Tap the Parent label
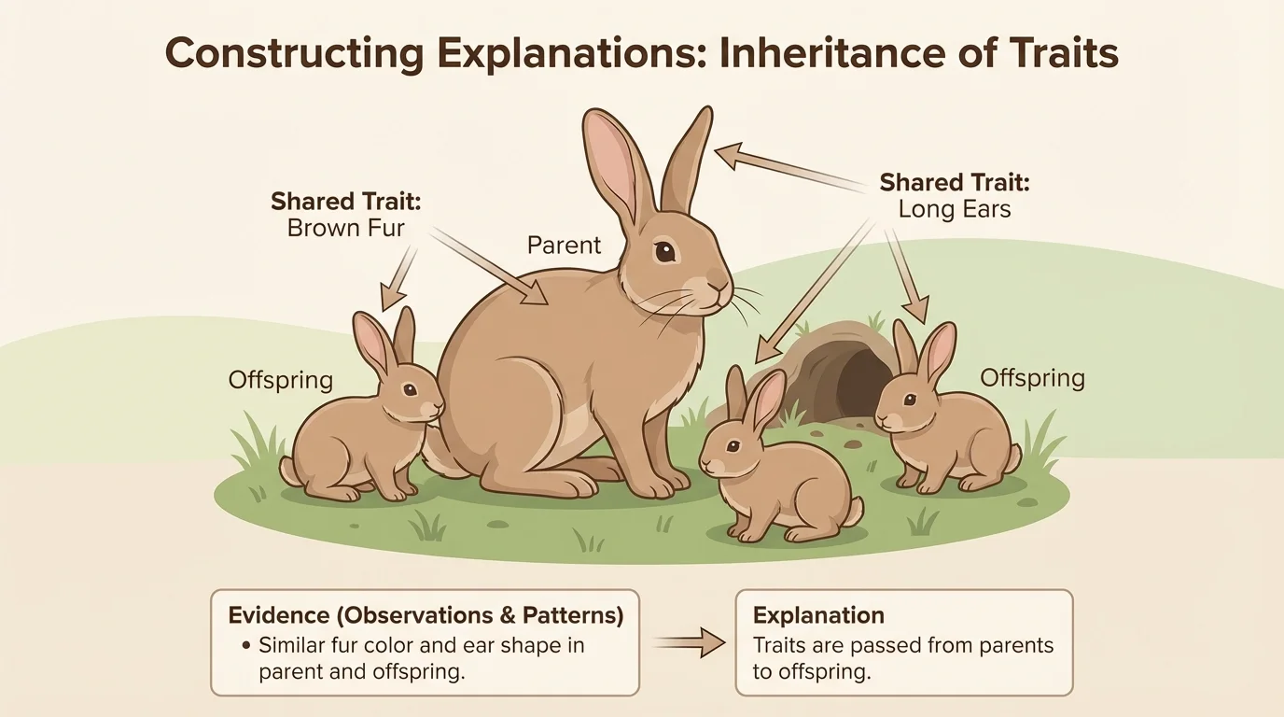pyautogui.click(x=565, y=246)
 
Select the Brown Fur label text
pyautogui.click(x=346, y=228)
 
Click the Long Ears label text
pyautogui.click(x=955, y=209)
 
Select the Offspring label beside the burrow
pyautogui.click(x=1032, y=378)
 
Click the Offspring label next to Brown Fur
pyautogui.click(x=281, y=380)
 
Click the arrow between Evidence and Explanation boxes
pyautogui.click(x=688, y=641)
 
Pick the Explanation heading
pyautogui.click(x=818, y=615)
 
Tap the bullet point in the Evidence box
pyautogui.click(x=244, y=645)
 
